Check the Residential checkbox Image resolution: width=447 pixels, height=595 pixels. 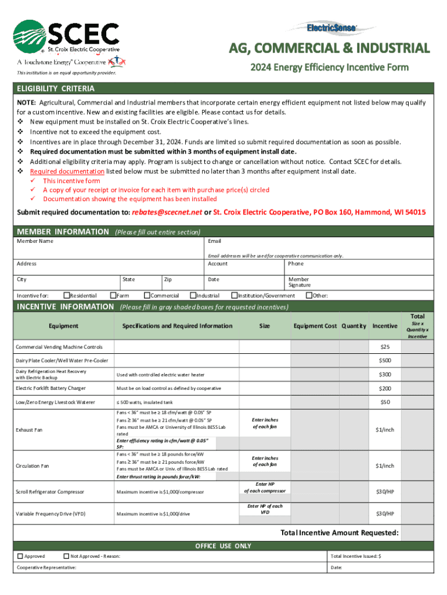tap(66, 296)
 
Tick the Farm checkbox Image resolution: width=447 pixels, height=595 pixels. tap(114, 296)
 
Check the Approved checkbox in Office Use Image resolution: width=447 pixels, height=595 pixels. tap(20, 556)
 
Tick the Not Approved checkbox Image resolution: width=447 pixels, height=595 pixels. tap(66, 556)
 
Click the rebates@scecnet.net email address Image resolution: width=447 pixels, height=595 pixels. tap(167, 213)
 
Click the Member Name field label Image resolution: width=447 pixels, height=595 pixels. tap(35, 241)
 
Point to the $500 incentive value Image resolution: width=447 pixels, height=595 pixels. tap(384, 361)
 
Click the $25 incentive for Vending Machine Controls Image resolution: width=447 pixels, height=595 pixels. tap(384, 347)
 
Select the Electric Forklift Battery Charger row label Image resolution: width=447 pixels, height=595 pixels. tap(51, 388)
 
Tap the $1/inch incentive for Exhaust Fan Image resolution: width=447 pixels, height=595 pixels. tap(384, 429)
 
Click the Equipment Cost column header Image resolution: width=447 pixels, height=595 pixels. tap(315, 326)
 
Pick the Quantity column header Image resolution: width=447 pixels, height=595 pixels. tap(354, 326)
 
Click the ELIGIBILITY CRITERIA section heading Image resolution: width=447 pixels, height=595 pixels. tap(56, 89)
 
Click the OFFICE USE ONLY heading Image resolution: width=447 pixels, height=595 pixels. tap(223, 546)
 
